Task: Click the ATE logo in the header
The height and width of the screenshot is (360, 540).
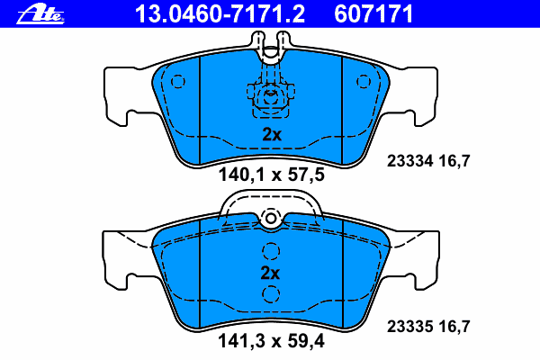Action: [x=40, y=14]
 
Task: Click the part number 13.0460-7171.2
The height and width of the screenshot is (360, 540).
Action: [x=220, y=14]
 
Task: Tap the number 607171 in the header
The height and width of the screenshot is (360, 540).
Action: [x=373, y=14]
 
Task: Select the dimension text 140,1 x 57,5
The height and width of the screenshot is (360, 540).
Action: [x=272, y=175]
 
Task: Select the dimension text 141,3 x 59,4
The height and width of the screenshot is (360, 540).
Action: [x=271, y=341]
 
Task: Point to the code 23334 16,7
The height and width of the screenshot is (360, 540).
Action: [x=428, y=161]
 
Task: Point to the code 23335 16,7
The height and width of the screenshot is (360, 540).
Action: [x=428, y=326]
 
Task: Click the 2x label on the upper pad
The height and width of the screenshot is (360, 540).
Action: [x=272, y=134]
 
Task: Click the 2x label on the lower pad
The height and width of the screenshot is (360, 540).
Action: [x=270, y=273]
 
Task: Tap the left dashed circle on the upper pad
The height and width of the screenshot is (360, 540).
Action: [x=178, y=82]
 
